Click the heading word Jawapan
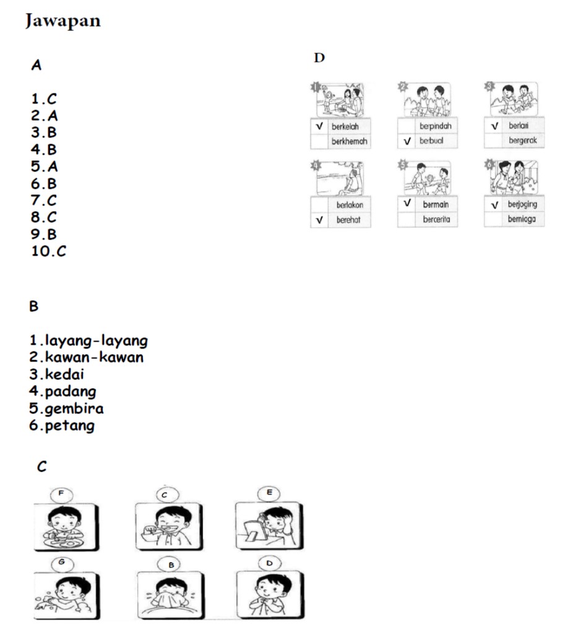click(62, 21)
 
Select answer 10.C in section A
click(48, 251)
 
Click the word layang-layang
click(96, 340)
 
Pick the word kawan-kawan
click(93, 357)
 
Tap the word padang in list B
click(71, 391)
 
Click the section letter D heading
click(319, 59)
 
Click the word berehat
click(348, 220)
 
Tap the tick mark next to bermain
click(407, 204)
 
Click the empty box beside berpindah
click(406, 126)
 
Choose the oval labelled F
click(61, 493)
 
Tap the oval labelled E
click(269, 493)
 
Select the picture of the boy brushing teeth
click(167, 526)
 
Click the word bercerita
click(436, 220)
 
